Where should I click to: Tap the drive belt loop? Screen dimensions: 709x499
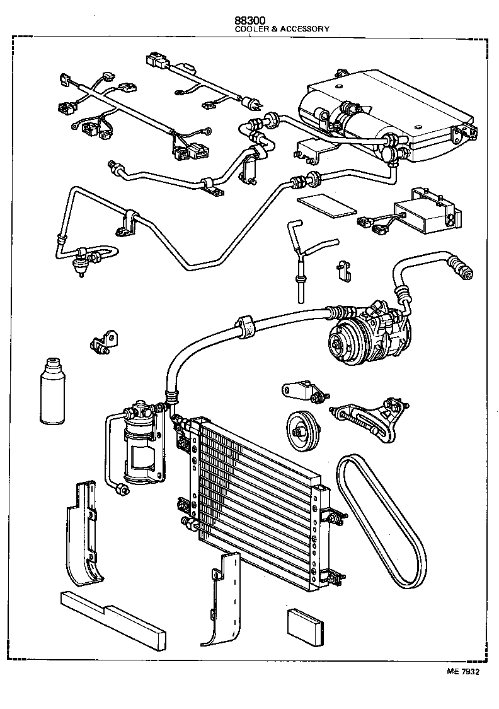[372, 517]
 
